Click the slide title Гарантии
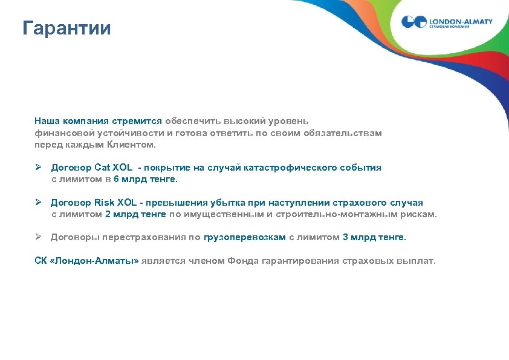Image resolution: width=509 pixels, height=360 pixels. click(66, 28)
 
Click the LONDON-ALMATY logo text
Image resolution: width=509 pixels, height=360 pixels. click(461, 21)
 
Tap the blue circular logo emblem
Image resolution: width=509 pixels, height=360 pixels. click(414, 23)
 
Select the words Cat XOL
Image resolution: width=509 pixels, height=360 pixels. click(114, 168)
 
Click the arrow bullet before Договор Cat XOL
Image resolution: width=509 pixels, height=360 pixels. click(38, 168)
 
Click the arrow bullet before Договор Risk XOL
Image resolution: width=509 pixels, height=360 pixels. click(38, 203)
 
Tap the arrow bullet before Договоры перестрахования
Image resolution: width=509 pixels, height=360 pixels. click(38, 237)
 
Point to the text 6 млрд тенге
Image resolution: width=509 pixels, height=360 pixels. click(146, 179)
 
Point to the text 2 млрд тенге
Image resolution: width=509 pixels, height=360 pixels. click(136, 214)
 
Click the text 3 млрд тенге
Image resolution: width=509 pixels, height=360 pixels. click(374, 237)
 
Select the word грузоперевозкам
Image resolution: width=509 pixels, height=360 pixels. click(245, 237)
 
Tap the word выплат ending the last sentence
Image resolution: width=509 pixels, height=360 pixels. click(417, 261)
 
